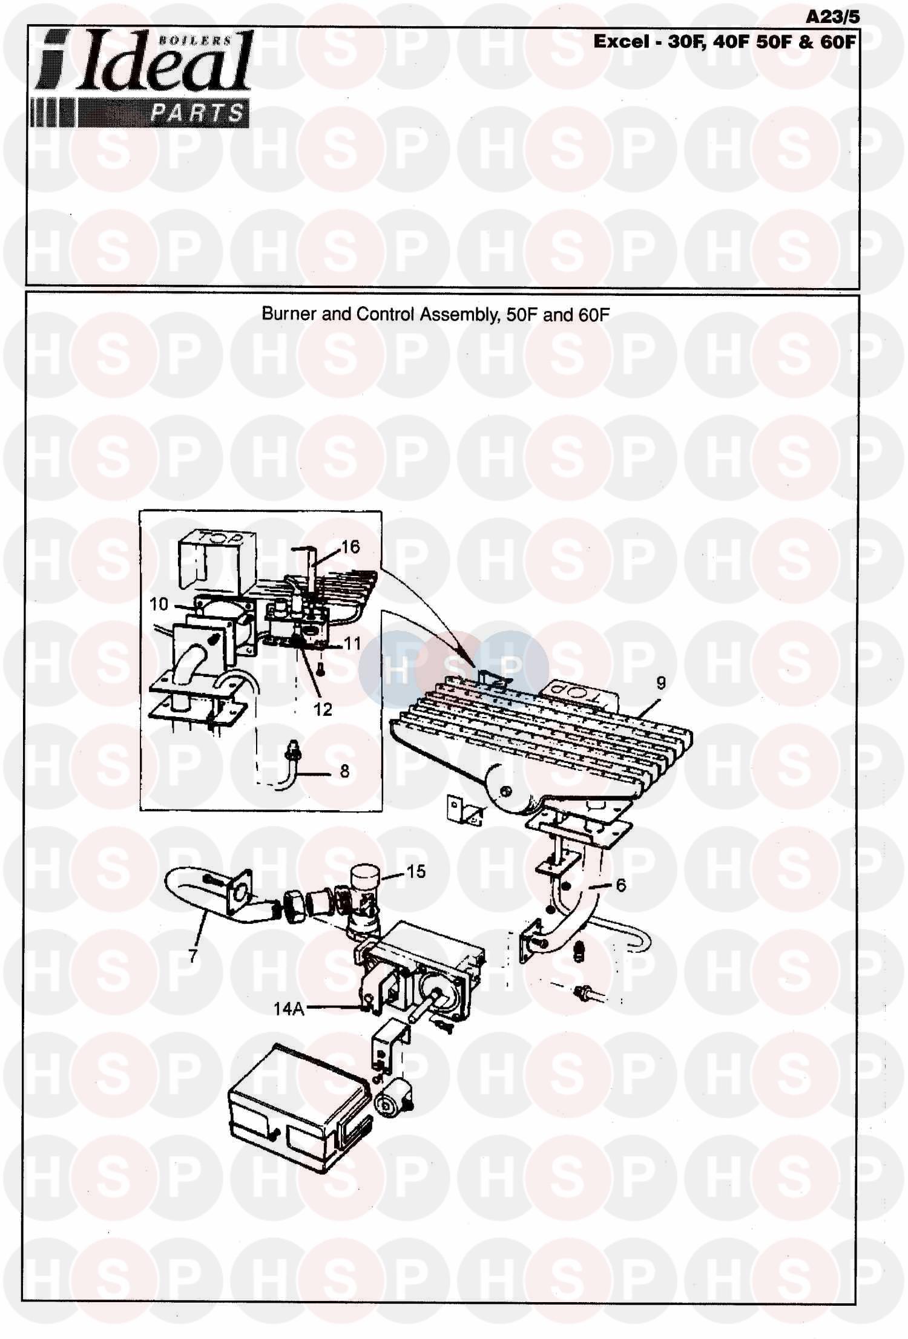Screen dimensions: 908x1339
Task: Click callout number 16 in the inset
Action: click(350, 547)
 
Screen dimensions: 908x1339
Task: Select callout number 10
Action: click(159, 604)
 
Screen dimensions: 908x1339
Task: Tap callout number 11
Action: click(352, 643)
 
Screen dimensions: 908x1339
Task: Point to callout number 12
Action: click(323, 709)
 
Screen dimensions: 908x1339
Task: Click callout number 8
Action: click(344, 771)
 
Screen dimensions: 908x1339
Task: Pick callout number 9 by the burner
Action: click(661, 683)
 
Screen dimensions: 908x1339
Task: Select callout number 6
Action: click(621, 885)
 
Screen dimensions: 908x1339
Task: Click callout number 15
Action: click(416, 871)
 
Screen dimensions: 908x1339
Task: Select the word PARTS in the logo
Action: click(197, 113)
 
